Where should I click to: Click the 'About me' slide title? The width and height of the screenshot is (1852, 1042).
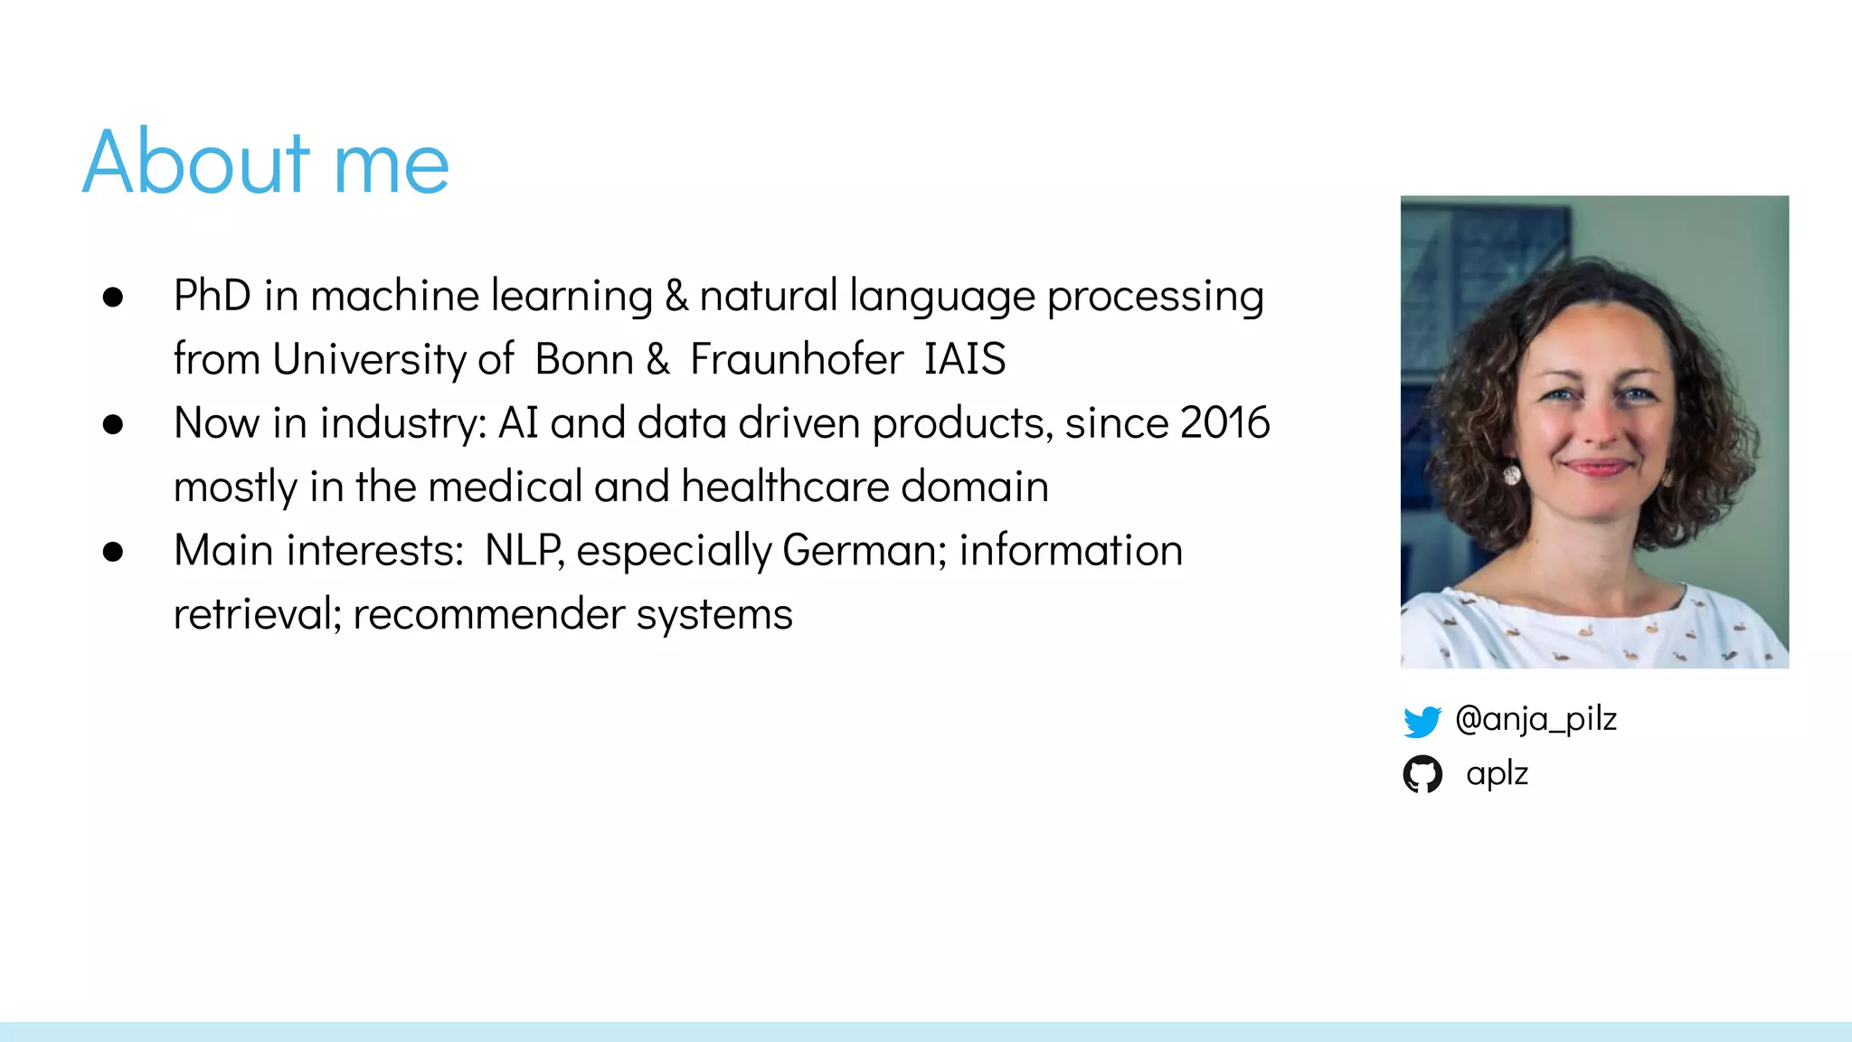(x=266, y=163)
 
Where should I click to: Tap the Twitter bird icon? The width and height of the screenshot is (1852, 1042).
(x=1422, y=721)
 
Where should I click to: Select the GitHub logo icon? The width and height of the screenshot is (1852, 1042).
(x=1422, y=774)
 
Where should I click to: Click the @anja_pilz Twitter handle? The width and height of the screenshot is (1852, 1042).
(x=1535, y=719)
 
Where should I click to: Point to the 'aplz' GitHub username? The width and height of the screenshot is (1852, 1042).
(x=1497, y=774)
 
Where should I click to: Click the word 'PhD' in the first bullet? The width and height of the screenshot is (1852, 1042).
(x=213, y=296)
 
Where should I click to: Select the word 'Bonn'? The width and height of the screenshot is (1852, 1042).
(x=583, y=359)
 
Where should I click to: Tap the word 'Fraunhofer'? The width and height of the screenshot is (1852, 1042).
(x=796, y=359)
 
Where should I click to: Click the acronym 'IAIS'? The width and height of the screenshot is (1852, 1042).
(x=964, y=359)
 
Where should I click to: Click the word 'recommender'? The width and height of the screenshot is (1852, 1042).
(x=488, y=615)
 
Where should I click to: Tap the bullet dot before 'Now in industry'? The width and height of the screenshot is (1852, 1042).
(x=113, y=424)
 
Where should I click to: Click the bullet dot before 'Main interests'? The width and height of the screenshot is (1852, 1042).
(x=113, y=552)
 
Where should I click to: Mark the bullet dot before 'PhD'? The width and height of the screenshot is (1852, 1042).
(x=113, y=297)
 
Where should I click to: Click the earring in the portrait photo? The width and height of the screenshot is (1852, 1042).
(x=1511, y=474)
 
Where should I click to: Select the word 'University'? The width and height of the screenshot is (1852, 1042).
(x=368, y=359)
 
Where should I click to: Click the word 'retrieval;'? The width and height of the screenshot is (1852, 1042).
(x=257, y=615)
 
